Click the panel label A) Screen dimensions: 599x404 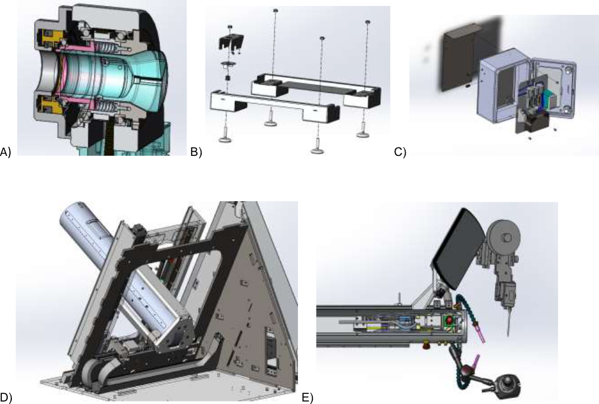click(6, 152)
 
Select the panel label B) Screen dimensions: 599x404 click(196, 152)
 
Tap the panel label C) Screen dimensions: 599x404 click(400, 152)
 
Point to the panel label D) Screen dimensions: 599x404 click(6, 397)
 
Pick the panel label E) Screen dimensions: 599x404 click(308, 397)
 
